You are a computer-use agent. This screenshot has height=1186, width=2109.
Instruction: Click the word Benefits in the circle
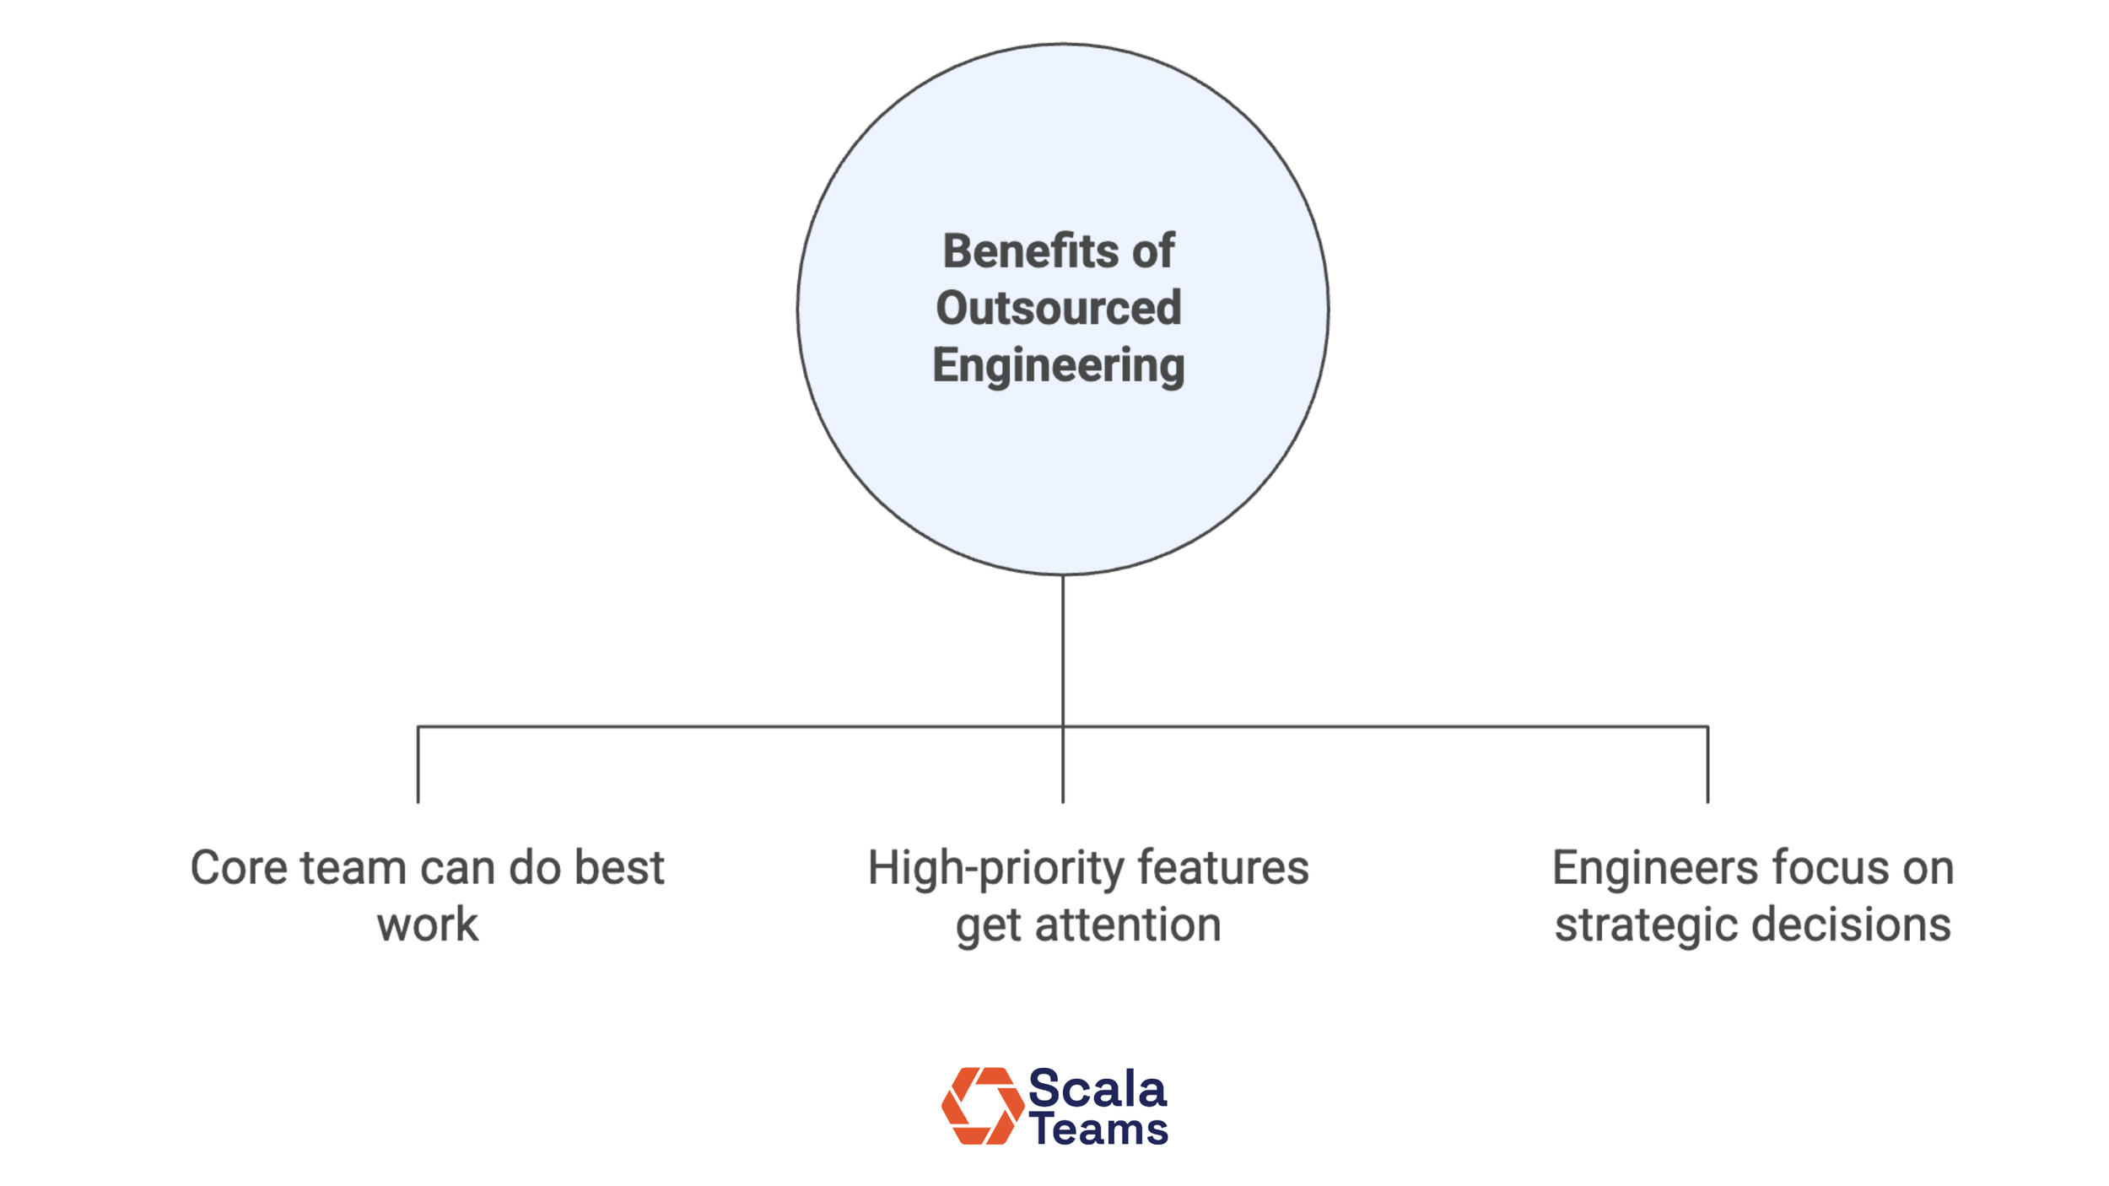(1029, 251)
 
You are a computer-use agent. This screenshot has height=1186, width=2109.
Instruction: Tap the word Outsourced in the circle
(1059, 308)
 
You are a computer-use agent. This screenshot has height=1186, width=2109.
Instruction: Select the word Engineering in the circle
(1059, 366)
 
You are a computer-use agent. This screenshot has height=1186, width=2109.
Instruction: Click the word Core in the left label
(239, 868)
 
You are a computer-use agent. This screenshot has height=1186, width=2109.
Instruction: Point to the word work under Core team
(427, 925)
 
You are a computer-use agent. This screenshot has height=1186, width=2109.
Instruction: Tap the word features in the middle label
(1223, 868)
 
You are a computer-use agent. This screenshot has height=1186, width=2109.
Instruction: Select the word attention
(1128, 925)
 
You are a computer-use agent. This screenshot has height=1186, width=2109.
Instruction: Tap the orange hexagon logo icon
(982, 1106)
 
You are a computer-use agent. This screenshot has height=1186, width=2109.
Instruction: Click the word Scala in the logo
(1098, 1089)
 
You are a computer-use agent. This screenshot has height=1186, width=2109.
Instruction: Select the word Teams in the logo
(1099, 1129)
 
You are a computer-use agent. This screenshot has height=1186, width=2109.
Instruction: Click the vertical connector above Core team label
(418, 764)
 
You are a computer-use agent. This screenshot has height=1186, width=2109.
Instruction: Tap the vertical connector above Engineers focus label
(1708, 764)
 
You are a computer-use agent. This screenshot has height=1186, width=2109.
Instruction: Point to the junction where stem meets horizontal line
(1063, 726)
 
